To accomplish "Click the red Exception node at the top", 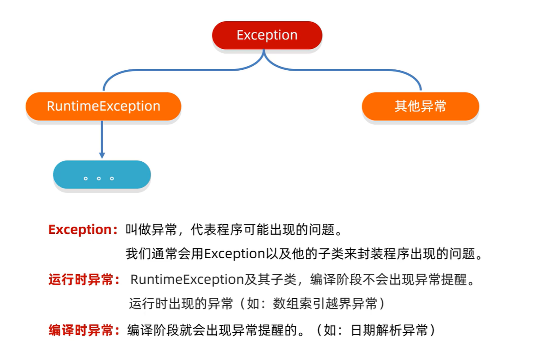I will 267,35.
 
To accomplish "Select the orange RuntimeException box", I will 103,106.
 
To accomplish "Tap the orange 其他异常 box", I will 420,106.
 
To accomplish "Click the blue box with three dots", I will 102,175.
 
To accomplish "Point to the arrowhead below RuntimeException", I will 102,155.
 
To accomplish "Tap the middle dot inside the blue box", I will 99,179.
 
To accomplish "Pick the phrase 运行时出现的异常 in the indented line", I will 181,304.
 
